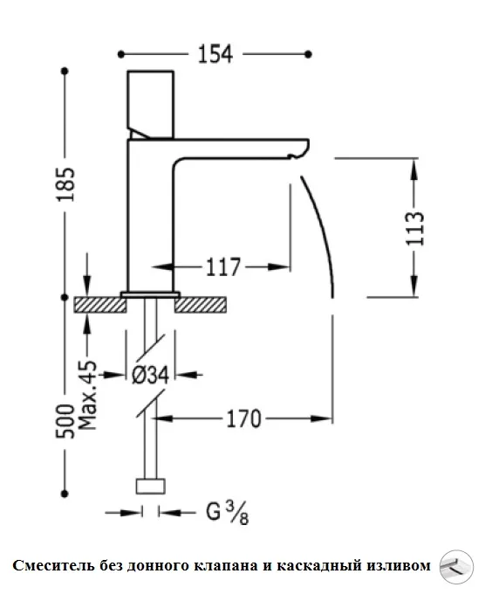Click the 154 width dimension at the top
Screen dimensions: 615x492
coord(214,54)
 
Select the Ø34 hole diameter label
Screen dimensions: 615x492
coord(150,376)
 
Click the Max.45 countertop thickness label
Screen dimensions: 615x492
coord(87,398)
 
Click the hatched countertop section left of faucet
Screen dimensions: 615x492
coord(97,305)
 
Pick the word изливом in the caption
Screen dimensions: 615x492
coord(400,566)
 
